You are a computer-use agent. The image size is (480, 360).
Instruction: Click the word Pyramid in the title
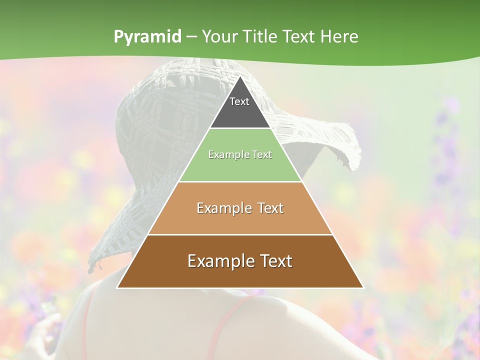click(147, 37)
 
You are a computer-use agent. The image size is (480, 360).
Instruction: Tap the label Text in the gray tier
click(239, 101)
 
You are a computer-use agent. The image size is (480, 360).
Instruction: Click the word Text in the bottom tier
click(276, 261)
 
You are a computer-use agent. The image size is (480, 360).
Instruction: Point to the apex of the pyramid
click(240, 76)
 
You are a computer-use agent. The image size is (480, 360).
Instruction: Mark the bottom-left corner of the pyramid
click(117, 287)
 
